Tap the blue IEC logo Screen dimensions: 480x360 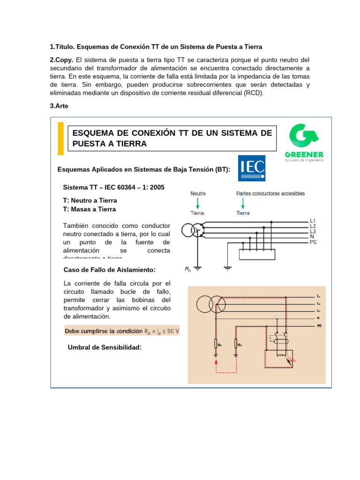click(x=252, y=168)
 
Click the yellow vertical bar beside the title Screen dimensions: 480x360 click(x=60, y=138)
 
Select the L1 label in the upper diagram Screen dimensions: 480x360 click(x=313, y=220)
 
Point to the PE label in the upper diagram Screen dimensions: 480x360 click(x=313, y=242)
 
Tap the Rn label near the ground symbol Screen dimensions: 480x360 click(x=187, y=269)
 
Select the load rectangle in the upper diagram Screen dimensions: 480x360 click(x=257, y=254)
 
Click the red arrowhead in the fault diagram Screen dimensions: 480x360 click(x=216, y=359)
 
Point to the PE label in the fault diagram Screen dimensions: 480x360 click(x=319, y=325)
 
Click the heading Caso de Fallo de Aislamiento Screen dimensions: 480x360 click(x=109, y=270)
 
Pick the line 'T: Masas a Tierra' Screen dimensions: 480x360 click(x=90, y=209)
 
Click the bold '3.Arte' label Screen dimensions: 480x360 click(x=59, y=106)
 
